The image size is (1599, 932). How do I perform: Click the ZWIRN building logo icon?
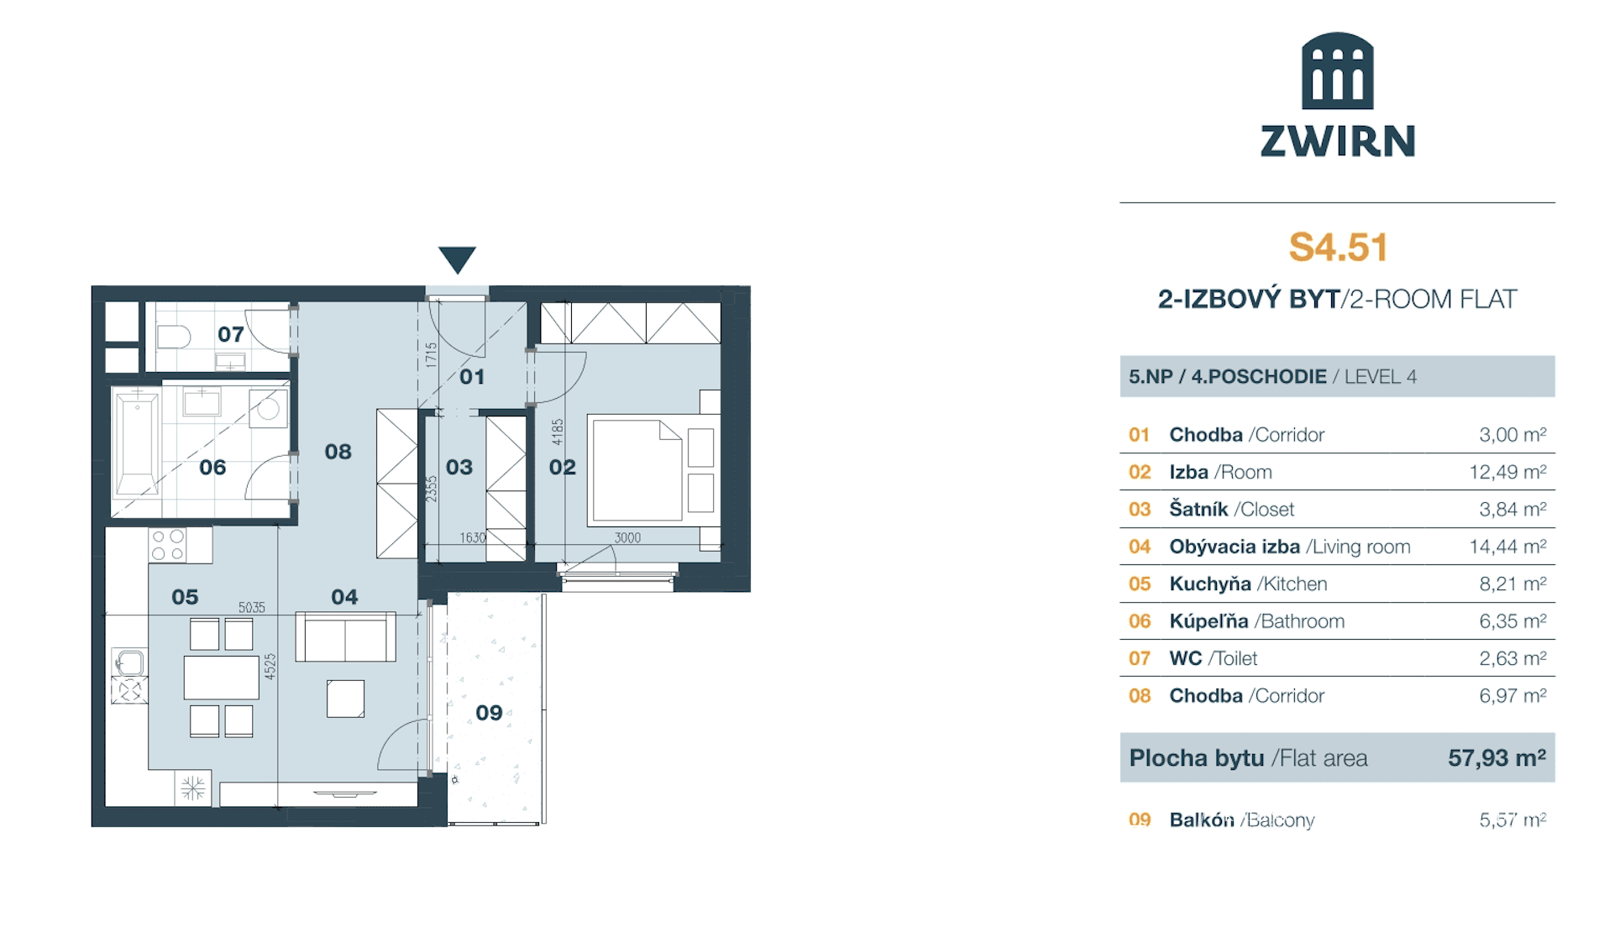tap(1337, 71)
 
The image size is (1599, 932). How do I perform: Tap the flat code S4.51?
tap(1338, 247)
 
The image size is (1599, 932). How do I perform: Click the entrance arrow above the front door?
tap(457, 259)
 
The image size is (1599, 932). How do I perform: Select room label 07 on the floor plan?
tap(231, 334)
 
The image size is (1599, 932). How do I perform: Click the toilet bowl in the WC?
tap(174, 337)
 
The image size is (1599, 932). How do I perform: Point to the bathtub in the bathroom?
tap(137, 443)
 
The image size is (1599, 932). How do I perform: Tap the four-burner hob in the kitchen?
tap(168, 545)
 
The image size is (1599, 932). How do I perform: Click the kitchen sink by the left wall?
tap(129, 662)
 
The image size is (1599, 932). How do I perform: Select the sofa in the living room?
tap(345, 636)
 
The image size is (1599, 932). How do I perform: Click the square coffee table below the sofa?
tap(345, 699)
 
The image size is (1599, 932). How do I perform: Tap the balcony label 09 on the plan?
tap(489, 713)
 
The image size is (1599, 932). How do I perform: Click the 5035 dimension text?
tap(252, 607)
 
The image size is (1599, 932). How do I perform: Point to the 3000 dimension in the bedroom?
tap(627, 538)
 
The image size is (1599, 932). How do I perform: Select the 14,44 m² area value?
tap(1507, 547)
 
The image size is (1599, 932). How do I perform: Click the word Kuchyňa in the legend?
tap(1210, 584)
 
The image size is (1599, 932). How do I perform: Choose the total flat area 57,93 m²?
tap(1497, 758)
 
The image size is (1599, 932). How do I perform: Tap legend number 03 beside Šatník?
tap(1140, 510)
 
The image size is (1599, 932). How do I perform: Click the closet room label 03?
tap(459, 467)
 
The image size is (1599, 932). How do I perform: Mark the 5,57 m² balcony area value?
tap(1512, 819)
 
